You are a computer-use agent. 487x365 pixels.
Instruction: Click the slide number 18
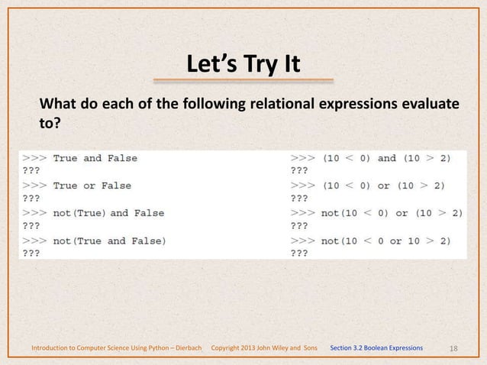[454, 348]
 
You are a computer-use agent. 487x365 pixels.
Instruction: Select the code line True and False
[95, 158]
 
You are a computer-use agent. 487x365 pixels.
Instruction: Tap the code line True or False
[92, 186]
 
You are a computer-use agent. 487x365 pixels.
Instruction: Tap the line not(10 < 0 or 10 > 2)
[385, 241]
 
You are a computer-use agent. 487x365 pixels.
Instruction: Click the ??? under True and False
[32, 172]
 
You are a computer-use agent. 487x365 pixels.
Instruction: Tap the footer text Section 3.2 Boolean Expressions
[376, 348]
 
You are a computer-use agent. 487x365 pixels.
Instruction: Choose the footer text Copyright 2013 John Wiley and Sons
[263, 348]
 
